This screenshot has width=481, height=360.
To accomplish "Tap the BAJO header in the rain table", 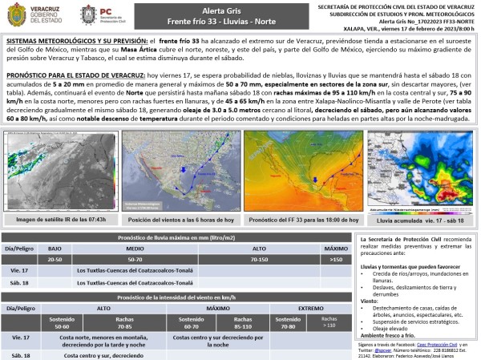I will pyautogui.click(x=55, y=249).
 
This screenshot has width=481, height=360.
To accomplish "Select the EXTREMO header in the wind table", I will pyautogui.click(x=311, y=307).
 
